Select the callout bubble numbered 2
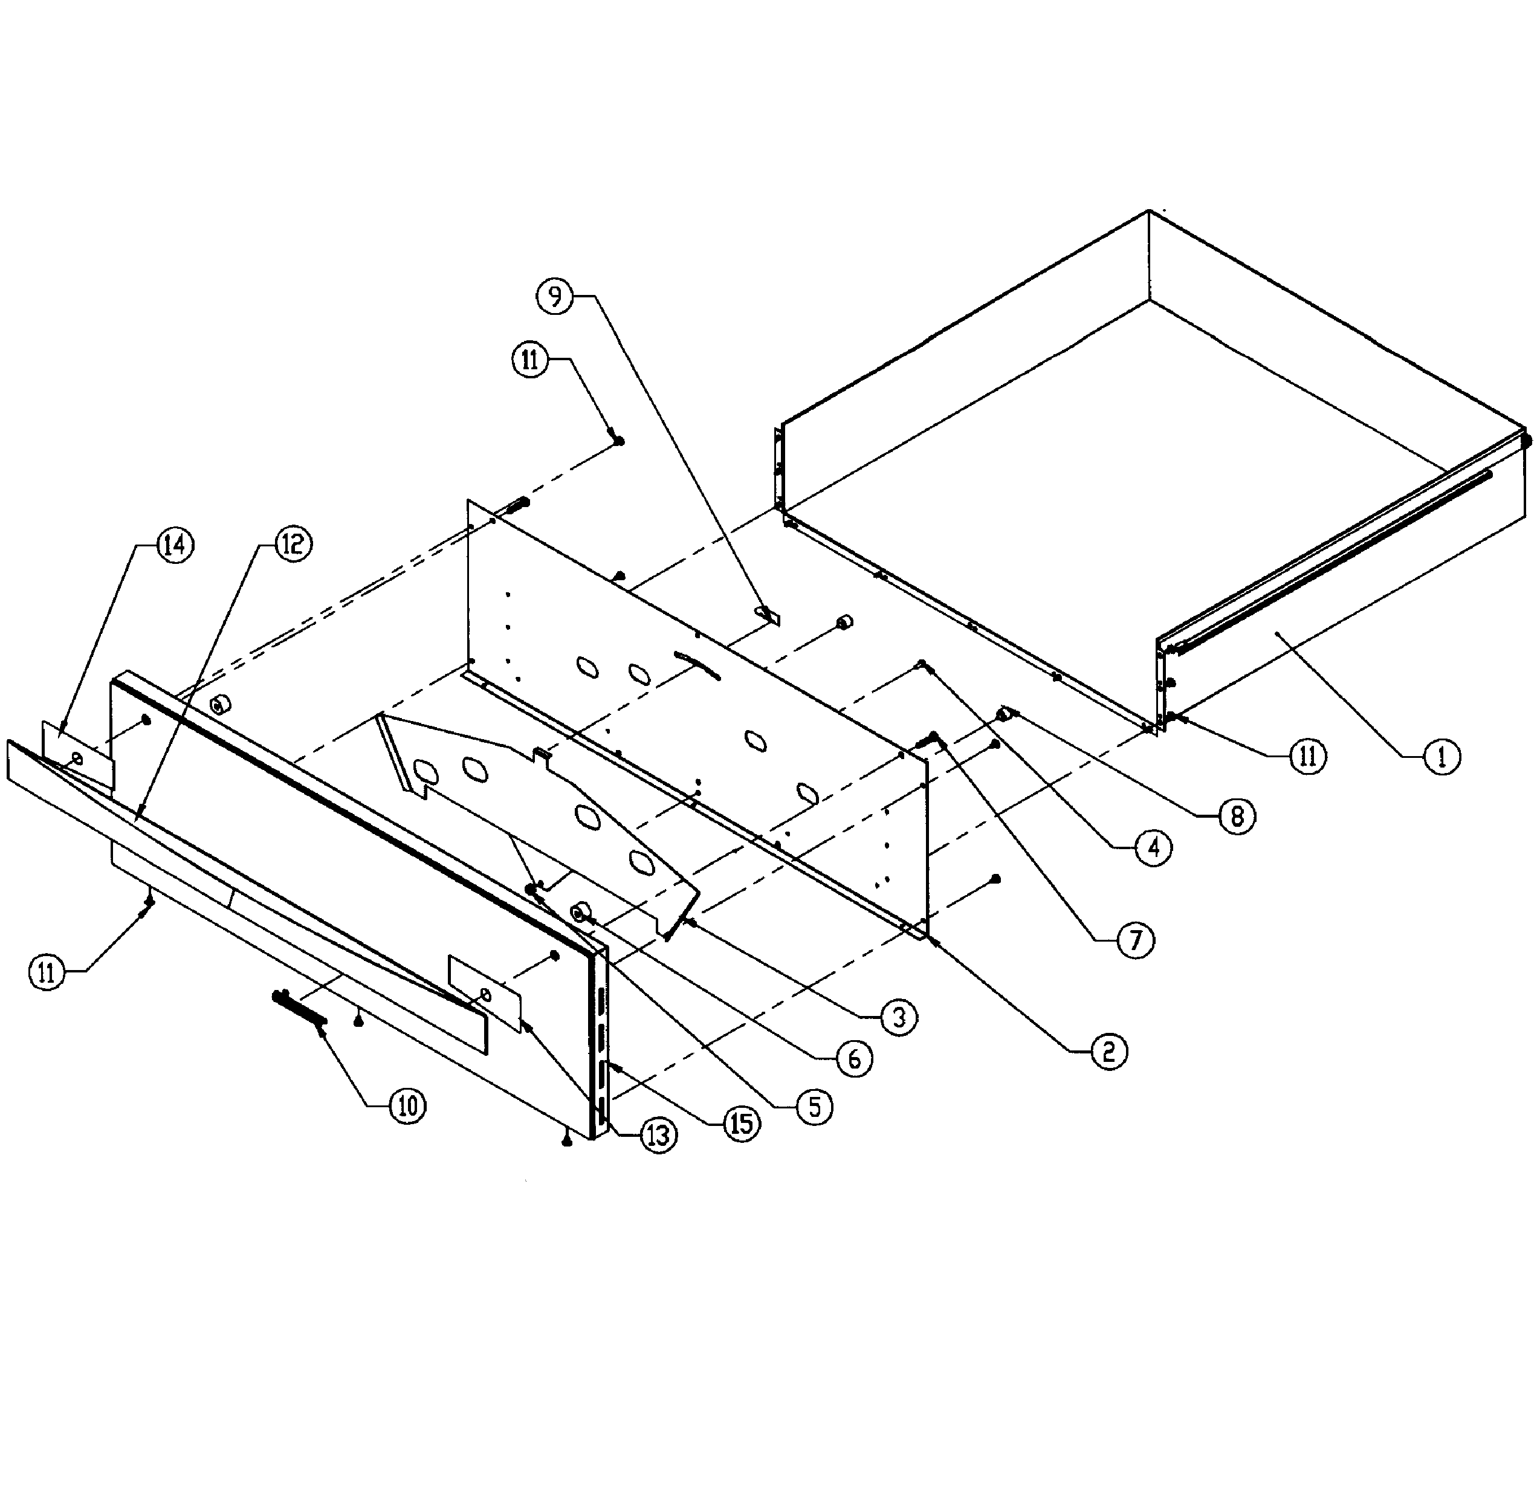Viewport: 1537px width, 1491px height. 1109,1052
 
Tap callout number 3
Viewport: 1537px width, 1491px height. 899,1018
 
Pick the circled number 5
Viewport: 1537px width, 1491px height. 815,1107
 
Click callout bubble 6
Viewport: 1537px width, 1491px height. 854,1059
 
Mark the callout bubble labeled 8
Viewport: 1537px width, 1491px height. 1237,817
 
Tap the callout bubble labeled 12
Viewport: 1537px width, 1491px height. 293,543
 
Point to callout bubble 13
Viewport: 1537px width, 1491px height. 658,1135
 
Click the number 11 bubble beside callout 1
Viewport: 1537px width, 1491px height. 1308,756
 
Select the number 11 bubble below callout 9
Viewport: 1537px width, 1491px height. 531,361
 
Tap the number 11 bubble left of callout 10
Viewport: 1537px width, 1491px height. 47,973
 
